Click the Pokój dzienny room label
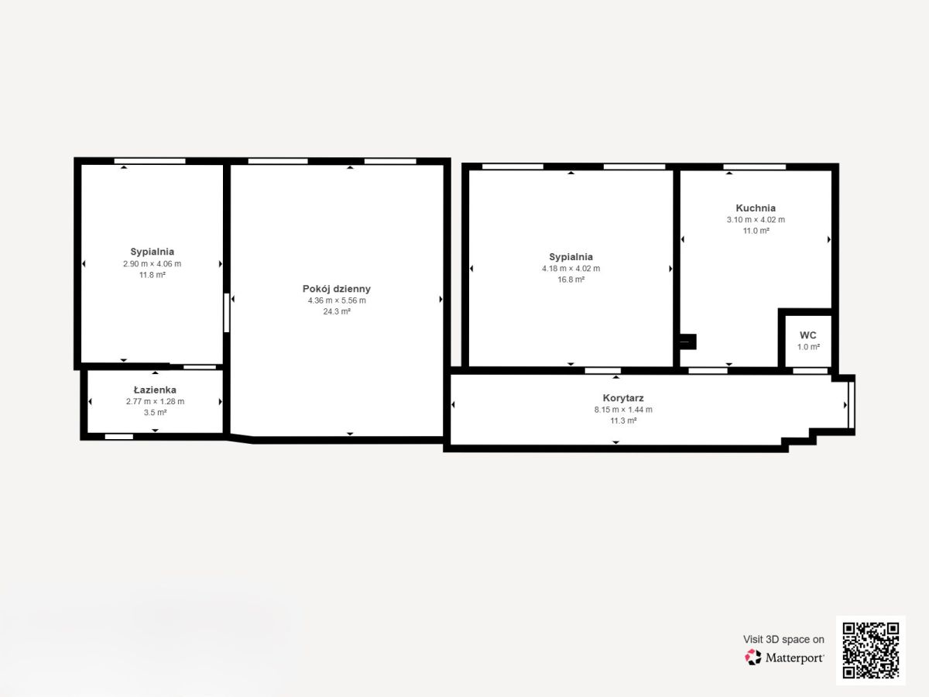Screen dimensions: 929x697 click(337, 289)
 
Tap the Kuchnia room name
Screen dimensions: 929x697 click(756, 208)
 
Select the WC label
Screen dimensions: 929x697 click(808, 335)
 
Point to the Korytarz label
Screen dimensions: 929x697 click(623, 398)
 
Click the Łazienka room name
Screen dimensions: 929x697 click(155, 390)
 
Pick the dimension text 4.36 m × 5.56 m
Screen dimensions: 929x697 click(337, 300)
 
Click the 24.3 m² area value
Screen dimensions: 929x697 click(337, 311)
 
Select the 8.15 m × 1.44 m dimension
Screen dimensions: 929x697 click(623, 410)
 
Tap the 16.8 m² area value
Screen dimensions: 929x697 click(571, 280)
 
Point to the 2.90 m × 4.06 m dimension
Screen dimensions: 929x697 click(152, 263)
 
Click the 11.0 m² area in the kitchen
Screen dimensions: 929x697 click(756, 231)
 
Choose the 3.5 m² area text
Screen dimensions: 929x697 click(155, 412)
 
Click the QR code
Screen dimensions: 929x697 click(871, 651)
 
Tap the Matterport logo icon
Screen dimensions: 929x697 click(753, 658)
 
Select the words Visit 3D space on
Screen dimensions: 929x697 click(783, 640)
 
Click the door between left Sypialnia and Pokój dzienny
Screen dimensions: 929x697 click(227, 313)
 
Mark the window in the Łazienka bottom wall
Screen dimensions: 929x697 click(119, 437)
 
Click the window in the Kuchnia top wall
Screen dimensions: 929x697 click(754, 167)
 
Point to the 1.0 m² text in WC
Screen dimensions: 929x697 click(808, 347)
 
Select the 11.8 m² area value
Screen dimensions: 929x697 click(152, 275)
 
